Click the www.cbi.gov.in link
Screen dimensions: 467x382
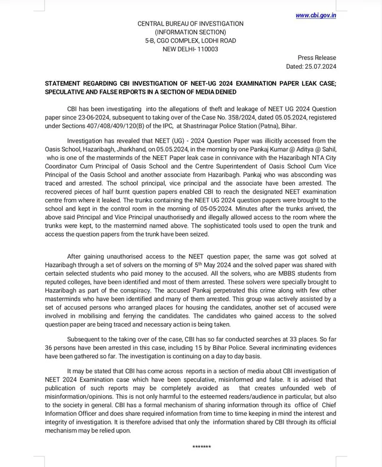[315, 16]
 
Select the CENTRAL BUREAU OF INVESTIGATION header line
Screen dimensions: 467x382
[190, 24]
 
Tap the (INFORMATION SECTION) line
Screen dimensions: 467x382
[190, 32]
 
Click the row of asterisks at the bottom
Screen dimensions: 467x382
[202, 447]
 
